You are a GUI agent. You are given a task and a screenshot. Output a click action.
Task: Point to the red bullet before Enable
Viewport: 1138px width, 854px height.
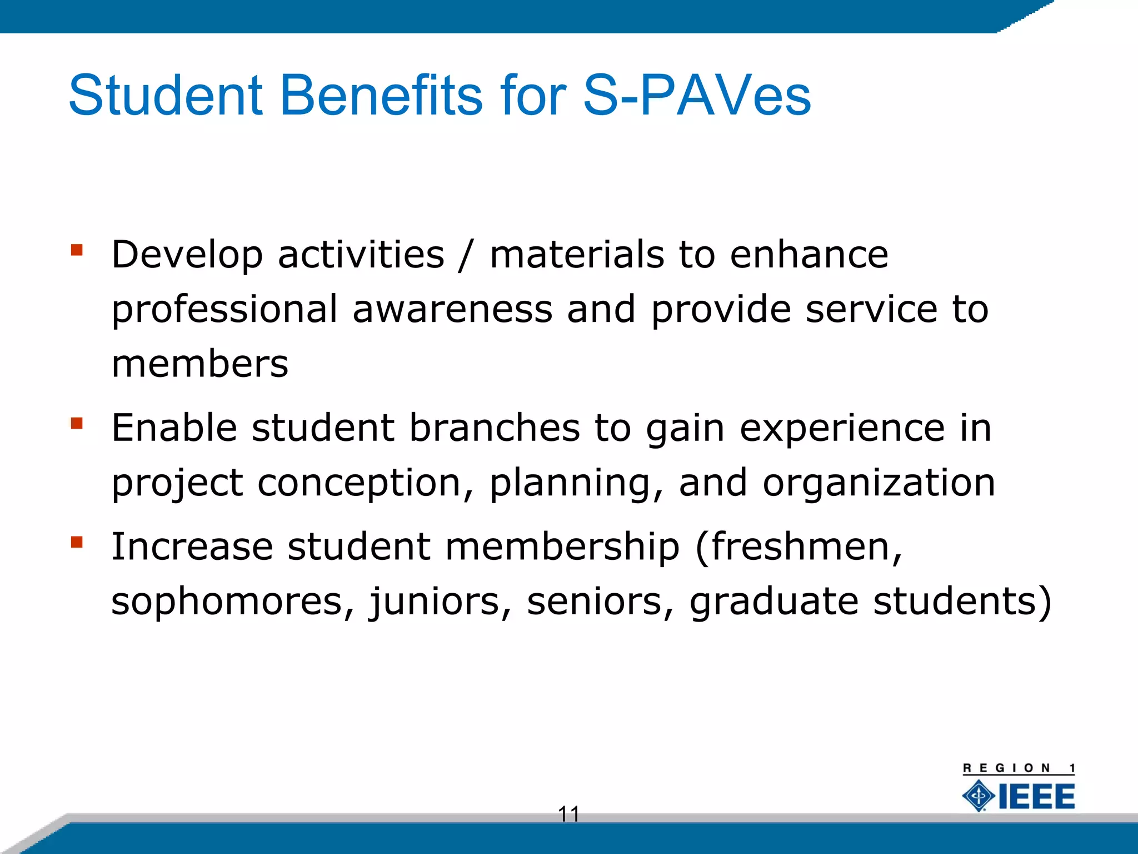tap(77, 424)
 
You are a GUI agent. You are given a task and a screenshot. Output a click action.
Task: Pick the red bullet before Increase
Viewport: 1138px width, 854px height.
tap(77, 542)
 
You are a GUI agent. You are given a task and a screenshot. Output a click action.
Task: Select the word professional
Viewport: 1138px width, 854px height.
tap(224, 310)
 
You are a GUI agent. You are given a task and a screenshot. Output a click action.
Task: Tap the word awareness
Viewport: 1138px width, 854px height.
tap(452, 310)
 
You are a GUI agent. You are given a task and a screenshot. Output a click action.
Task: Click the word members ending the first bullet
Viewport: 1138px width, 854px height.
tap(200, 364)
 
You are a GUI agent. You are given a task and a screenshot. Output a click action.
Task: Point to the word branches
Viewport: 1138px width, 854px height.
tap(495, 428)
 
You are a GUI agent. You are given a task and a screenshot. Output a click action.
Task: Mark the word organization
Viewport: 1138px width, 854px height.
tap(879, 484)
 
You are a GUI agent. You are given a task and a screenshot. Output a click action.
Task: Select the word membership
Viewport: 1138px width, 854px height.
tap(562, 547)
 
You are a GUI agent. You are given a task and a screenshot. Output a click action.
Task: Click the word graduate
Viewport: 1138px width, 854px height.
tap(773, 602)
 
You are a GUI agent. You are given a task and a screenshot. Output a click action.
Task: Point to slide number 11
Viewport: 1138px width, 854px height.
tap(568, 814)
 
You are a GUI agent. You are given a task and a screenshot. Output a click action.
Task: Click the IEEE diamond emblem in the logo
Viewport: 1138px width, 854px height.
tap(979, 796)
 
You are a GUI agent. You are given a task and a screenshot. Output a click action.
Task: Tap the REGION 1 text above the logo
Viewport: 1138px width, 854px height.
tap(1019, 768)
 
